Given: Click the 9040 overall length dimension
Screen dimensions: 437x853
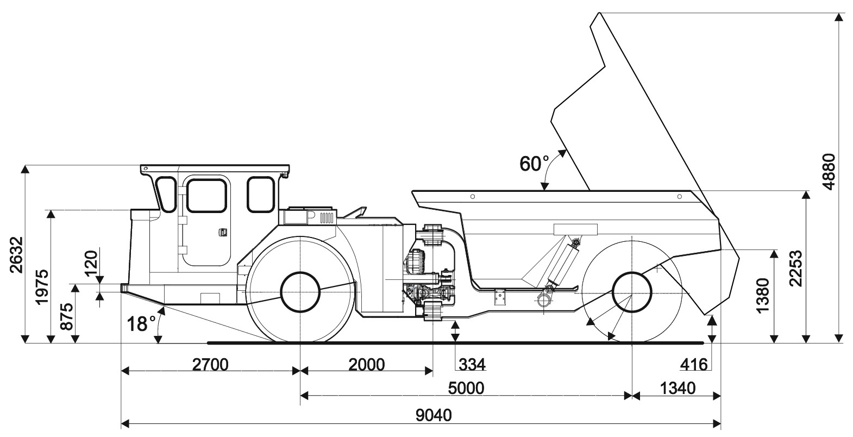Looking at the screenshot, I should coord(434,415).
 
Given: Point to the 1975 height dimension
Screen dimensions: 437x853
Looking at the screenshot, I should coord(42,286).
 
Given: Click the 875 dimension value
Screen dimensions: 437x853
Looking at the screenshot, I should coord(66,316).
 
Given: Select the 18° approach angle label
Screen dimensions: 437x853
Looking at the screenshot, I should coord(138,324).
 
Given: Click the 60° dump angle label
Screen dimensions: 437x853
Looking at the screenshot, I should coord(535,164).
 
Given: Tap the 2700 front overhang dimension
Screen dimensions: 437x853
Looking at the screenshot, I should coord(210,364).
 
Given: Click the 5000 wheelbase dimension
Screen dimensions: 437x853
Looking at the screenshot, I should coord(466,388).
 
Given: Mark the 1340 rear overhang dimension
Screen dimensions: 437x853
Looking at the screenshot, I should coord(677,388).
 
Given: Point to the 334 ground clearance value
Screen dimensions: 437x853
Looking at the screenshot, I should coord(471,364).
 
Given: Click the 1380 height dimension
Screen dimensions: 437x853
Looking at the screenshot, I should coord(763,296).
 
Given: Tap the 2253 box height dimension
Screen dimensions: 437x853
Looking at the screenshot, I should coord(796,268).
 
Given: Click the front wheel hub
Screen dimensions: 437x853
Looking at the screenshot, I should coord(300,291).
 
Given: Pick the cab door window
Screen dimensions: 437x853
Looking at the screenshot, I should coord(206,196).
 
